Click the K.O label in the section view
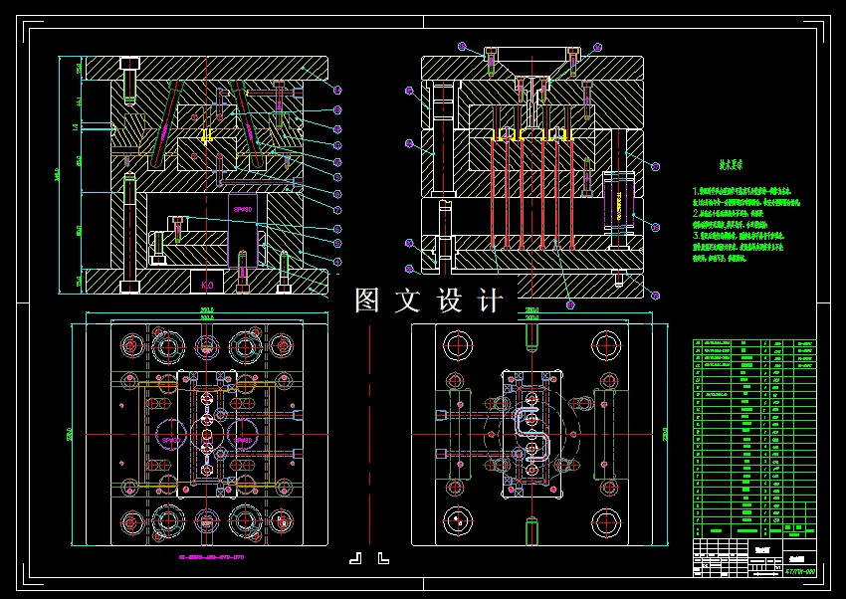207,286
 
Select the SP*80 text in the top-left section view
243,210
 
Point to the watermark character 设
450,299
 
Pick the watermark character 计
490,299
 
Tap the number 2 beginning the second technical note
696,213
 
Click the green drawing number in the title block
799,572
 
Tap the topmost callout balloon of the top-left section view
336,91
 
